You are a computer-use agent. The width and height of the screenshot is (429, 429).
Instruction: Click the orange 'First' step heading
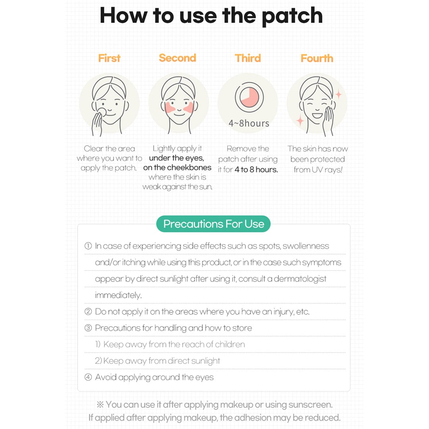[x=109, y=58]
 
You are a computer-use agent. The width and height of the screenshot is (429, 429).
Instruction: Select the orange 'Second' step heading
[x=177, y=58]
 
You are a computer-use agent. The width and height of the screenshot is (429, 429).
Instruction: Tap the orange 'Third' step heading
[x=247, y=58]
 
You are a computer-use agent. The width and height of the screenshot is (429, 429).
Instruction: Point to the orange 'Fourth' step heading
[x=317, y=58]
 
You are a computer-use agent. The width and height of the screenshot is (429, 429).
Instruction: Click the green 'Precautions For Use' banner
[x=213, y=224]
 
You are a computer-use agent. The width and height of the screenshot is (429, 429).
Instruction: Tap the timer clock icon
[x=249, y=97]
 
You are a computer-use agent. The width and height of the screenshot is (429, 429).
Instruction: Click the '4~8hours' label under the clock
[x=249, y=124]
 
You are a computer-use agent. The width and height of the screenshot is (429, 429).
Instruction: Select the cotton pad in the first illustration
[x=102, y=112]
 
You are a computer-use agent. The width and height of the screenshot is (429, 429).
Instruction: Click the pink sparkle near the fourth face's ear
[x=338, y=95]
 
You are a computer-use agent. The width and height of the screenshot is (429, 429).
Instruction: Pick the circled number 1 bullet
[x=88, y=246]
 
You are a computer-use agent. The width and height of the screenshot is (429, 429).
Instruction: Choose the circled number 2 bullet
[x=88, y=311]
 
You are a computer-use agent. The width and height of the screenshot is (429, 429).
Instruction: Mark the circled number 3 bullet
[x=88, y=328]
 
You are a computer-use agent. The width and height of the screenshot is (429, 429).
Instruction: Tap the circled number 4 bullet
[x=88, y=377]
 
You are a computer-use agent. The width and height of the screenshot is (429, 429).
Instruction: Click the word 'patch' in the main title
[x=292, y=16]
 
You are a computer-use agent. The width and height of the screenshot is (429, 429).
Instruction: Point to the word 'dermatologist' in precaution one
[x=300, y=279]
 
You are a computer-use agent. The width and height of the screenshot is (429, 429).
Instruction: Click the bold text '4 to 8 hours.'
[x=256, y=170]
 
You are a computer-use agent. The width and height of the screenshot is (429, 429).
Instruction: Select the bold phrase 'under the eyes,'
[x=176, y=158]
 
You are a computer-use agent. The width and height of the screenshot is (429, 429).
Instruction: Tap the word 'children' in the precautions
[x=230, y=344]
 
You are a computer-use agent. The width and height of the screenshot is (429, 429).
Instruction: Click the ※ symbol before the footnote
[x=100, y=404]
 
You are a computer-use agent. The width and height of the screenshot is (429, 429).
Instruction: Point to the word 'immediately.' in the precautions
[x=118, y=295]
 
